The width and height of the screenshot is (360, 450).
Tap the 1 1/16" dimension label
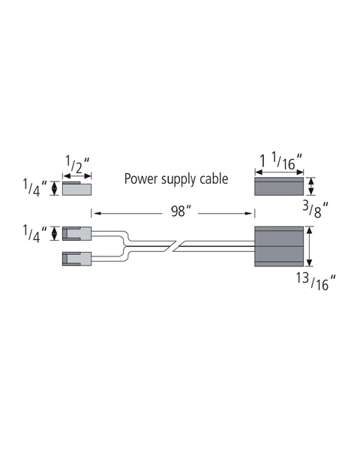281,161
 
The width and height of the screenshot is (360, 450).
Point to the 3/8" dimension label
315,210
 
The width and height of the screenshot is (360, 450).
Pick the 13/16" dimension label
316,281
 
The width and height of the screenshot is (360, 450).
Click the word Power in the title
141,178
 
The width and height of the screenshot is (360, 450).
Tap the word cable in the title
214,178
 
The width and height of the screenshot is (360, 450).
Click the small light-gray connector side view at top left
77,188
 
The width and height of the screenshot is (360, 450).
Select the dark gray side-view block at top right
279,186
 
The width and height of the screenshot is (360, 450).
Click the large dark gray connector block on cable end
279,247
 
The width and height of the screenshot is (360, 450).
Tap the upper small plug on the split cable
77,233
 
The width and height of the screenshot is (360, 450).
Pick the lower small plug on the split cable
77,259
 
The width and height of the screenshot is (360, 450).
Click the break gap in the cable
176,247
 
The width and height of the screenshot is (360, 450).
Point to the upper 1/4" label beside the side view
34,188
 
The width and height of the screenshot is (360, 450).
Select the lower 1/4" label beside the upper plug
34,234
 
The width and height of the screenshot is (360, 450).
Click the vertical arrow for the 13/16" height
309,247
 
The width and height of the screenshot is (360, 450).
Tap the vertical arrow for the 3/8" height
311,186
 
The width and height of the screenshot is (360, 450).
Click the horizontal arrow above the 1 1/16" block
279,172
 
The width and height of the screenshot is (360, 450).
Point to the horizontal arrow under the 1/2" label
77,176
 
